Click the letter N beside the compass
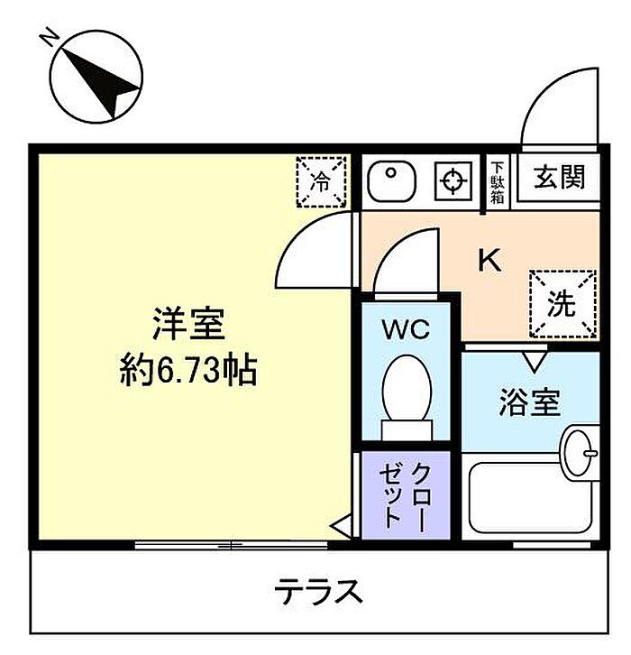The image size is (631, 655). click(50, 37)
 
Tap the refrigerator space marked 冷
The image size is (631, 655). click(321, 181)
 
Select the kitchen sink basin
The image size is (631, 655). click(391, 181)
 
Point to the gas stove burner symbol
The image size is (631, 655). click(453, 181)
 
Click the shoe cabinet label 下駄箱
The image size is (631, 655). click(497, 182)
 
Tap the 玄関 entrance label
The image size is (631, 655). click(559, 177)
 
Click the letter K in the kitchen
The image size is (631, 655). click(489, 260)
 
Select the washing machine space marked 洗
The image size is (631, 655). click(562, 304)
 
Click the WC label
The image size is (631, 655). click(406, 329)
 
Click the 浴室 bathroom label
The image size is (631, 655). click(529, 402)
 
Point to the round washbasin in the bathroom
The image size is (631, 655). click(581, 453)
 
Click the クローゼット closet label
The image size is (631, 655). click(406, 496)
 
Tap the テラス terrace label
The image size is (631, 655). click(318, 592)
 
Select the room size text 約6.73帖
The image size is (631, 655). click(188, 370)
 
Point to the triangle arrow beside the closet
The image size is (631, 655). click(342, 527)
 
